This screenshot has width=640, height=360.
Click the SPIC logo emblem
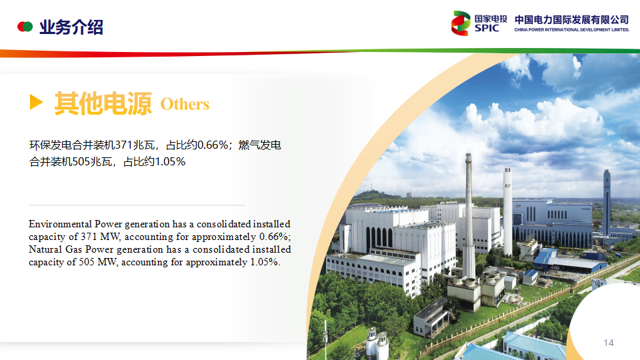tap(461, 23)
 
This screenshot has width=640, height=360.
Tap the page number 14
tap(609, 343)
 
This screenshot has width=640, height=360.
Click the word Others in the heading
tap(185, 104)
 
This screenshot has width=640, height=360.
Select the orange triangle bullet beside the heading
tap(36, 101)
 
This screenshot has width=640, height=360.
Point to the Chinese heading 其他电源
tap(103, 103)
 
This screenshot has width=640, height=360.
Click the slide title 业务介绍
tap(71, 27)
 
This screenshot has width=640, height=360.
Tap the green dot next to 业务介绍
tap(28, 27)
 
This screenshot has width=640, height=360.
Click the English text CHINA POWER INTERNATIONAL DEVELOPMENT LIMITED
tap(572, 30)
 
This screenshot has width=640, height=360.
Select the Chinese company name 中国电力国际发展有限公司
tap(572, 19)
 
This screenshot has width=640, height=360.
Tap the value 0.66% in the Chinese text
tap(212, 145)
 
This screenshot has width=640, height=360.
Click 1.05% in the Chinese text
tap(170, 161)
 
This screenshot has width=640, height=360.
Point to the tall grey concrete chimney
tap(469, 216)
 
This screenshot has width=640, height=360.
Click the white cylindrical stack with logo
tap(507, 212)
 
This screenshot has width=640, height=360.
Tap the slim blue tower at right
tap(607, 203)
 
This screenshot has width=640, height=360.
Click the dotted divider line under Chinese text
tap(137, 205)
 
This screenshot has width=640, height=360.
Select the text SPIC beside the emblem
tap(487, 28)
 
